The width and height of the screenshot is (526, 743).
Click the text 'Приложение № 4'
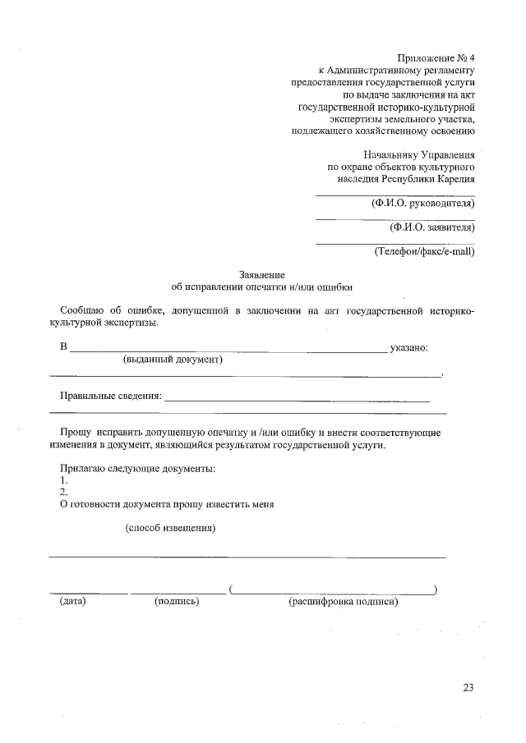[x=436, y=58]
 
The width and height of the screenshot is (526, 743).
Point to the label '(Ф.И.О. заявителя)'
[x=432, y=227]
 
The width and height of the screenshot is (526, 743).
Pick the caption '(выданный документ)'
[x=173, y=360]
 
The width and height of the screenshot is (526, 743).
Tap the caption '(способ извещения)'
[x=170, y=528]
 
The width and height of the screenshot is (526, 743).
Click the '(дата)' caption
[x=73, y=602]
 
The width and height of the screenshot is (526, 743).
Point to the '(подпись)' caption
[x=177, y=602]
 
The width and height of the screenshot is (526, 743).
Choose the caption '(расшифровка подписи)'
[x=343, y=602]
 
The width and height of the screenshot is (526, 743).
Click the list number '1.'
[x=64, y=479]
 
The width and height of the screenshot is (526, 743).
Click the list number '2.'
[x=64, y=492]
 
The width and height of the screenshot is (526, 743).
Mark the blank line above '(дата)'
[x=88, y=592]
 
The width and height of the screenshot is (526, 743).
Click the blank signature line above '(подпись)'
[x=178, y=592]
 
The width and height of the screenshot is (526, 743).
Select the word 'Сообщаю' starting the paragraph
[x=81, y=311]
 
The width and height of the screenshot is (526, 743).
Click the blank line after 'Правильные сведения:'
[x=297, y=400]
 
